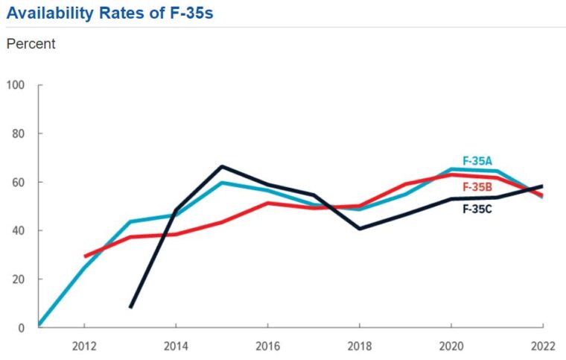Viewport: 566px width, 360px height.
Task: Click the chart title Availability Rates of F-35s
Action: click(110, 13)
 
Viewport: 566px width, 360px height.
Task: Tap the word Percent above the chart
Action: click(31, 44)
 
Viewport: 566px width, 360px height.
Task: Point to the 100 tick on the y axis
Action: click(16, 85)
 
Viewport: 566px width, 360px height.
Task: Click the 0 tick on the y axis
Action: click(21, 327)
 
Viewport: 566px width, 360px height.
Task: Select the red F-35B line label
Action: click(477, 187)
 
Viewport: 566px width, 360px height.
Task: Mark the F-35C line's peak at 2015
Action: click(222, 167)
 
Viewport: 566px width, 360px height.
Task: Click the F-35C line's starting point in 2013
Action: click(131, 306)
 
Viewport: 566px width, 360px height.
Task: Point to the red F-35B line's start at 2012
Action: click(85, 256)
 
